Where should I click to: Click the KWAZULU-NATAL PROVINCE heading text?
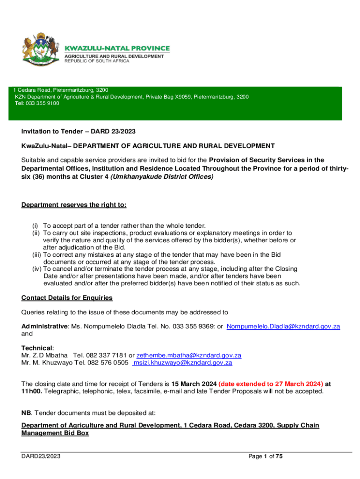click(117, 48)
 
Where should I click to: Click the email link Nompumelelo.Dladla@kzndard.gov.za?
click(283, 327)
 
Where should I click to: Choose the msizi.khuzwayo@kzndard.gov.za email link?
click(183, 362)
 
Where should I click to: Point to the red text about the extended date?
click(270, 384)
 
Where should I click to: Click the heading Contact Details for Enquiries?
click(67, 298)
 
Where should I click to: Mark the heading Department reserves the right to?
click(74, 205)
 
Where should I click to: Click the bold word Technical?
click(37, 348)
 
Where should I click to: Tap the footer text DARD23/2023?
click(41, 456)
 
